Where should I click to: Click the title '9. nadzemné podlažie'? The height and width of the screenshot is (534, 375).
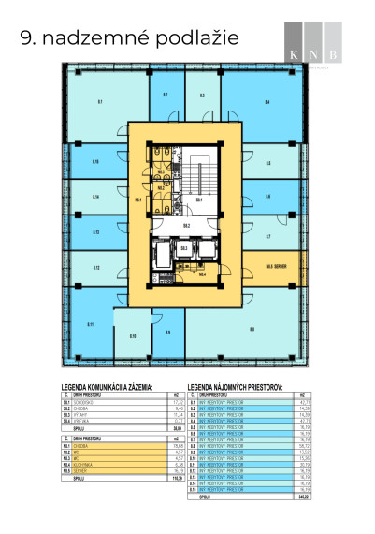click(x=129, y=38)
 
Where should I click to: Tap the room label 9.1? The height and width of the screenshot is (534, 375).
click(x=99, y=100)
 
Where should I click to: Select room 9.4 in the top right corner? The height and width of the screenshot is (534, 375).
click(x=267, y=101)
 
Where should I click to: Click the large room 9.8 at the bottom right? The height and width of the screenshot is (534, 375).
click(x=252, y=328)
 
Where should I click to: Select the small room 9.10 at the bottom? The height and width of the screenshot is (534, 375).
click(x=133, y=335)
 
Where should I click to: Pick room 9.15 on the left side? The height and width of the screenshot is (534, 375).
click(x=95, y=162)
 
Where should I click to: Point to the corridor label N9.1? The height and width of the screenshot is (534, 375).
click(x=138, y=199)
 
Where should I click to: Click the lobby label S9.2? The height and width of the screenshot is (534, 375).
click(x=186, y=225)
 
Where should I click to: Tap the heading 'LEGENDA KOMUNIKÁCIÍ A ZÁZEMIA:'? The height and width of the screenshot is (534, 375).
click(x=119, y=386)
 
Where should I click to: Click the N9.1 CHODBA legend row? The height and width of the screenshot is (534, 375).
click(x=119, y=445)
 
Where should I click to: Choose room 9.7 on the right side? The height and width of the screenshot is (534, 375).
click(x=267, y=236)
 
